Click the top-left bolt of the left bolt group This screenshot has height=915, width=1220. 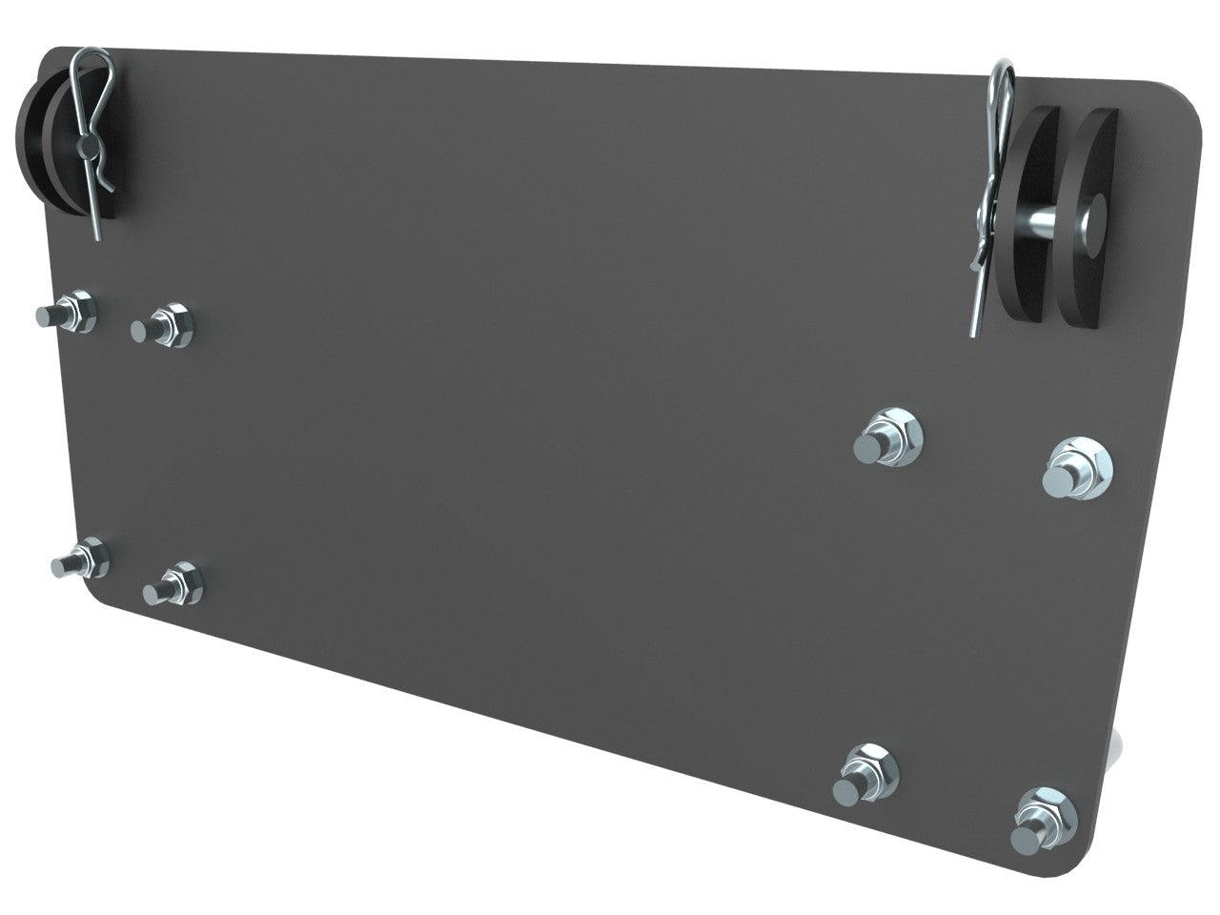point(70,315)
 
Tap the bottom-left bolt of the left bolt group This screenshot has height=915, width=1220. point(81,560)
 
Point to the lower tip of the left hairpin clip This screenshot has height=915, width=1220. point(100,236)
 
